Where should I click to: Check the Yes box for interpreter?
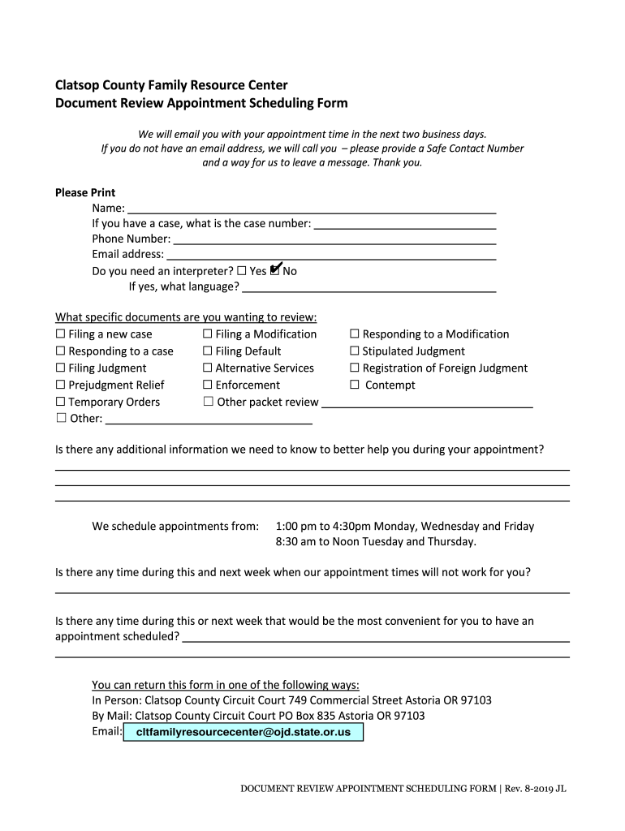point(241,271)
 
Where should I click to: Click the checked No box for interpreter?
point(274,270)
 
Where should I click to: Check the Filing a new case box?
point(60,334)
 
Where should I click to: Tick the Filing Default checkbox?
point(208,351)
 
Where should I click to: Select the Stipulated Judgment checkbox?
point(355,351)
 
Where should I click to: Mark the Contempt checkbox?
point(355,385)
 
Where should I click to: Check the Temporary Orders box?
point(60,403)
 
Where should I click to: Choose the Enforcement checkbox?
point(208,385)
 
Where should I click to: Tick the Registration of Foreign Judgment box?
point(355,368)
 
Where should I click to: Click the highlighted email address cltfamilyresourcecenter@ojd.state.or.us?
point(244,732)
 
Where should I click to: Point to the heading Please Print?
point(85,192)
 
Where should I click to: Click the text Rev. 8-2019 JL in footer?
point(537,788)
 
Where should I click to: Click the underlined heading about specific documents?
point(186,316)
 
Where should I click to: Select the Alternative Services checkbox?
point(208,368)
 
